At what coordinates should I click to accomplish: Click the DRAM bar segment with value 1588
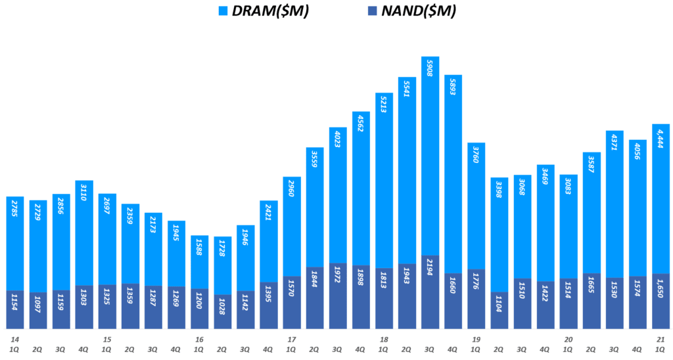[x=199, y=261]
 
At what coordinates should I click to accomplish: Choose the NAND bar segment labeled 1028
[x=223, y=311]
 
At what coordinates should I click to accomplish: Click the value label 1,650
[x=661, y=307]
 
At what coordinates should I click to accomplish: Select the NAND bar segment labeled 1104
[x=499, y=310]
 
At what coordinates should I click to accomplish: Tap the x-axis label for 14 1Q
[x=14, y=344]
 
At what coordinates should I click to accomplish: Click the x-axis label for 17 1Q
[x=291, y=344]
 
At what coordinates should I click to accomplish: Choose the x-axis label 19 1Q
[x=476, y=344]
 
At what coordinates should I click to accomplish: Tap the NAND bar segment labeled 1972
[x=338, y=296]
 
